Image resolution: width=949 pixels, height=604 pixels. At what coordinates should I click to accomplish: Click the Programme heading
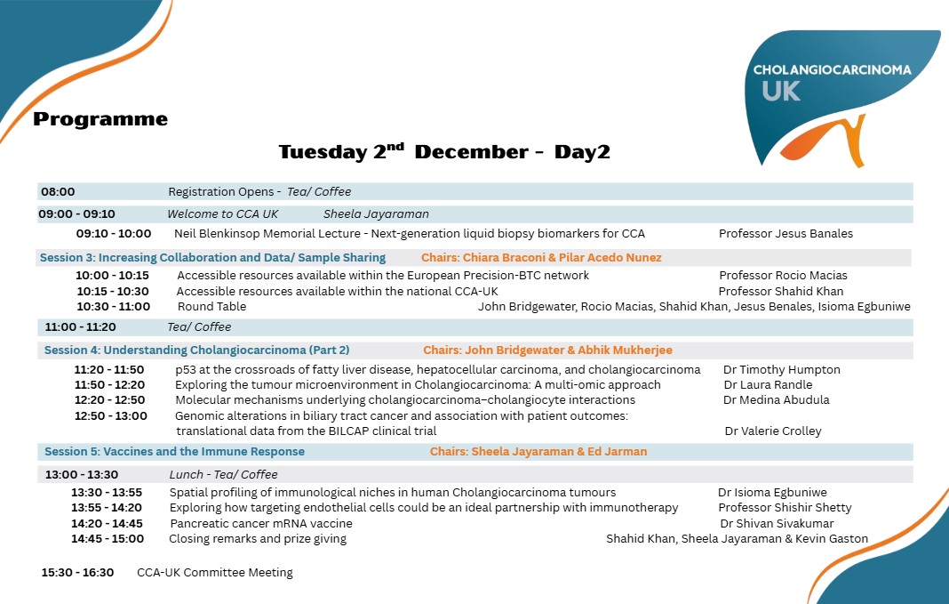(100, 119)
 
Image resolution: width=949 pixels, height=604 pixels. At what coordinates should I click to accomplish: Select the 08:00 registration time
(58, 192)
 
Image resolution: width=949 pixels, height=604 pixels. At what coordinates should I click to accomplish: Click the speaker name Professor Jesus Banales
(786, 234)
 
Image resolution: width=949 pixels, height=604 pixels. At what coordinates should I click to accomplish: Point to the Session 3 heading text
(213, 258)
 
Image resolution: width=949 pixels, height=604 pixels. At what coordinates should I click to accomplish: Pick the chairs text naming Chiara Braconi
(541, 258)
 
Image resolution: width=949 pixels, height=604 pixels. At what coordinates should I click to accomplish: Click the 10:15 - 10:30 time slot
(113, 292)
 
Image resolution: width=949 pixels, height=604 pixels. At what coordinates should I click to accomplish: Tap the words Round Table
(211, 307)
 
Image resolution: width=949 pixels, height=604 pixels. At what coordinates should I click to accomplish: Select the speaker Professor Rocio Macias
(783, 276)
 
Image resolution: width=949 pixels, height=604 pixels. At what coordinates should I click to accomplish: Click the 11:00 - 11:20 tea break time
(81, 327)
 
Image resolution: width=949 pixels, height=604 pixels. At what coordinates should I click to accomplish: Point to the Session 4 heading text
(197, 350)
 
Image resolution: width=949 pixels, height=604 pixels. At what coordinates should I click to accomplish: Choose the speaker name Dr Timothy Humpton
(782, 370)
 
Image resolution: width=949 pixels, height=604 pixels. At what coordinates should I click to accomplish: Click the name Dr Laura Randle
(768, 385)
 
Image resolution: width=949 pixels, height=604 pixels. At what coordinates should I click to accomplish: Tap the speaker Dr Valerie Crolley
(773, 431)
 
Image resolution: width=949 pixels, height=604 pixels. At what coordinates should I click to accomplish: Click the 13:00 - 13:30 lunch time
(82, 475)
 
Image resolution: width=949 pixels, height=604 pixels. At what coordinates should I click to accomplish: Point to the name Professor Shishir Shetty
(785, 508)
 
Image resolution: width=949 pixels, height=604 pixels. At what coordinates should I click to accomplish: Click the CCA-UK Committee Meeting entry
(215, 573)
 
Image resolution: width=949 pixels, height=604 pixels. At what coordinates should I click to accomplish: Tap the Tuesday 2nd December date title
(444, 152)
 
